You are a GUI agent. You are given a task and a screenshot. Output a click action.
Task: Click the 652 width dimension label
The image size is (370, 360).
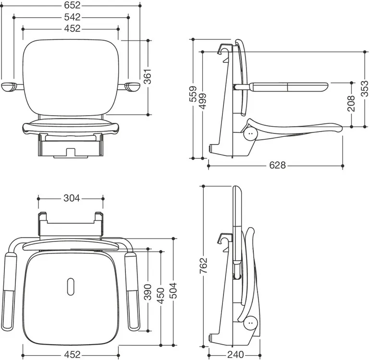click(73, 5)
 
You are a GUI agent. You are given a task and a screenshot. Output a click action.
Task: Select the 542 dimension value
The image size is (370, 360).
click(73, 17)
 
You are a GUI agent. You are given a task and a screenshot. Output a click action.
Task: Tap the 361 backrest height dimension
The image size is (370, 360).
click(148, 77)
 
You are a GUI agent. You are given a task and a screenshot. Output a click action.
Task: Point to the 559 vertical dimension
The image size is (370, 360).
click(193, 94)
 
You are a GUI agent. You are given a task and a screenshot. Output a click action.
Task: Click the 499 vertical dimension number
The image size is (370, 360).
click(202, 101)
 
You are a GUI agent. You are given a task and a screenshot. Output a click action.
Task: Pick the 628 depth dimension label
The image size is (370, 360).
click(277, 165)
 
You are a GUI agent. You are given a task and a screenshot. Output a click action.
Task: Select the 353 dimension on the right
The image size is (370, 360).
click(365, 88)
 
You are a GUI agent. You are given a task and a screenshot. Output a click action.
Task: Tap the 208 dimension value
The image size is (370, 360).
click(351, 103)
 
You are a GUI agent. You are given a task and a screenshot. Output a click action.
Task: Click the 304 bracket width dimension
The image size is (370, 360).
click(72, 198)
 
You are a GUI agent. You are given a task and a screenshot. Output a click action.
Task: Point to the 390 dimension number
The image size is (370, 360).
click(148, 292)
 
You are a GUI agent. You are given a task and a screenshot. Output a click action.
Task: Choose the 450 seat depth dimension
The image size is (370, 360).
click(160, 296)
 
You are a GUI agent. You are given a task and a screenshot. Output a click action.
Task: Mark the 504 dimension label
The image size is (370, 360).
click(173, 290)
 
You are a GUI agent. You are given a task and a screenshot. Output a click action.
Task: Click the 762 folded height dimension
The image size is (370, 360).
click(203, 265)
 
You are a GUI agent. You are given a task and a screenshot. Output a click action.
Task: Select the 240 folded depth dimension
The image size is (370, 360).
click(235, 354)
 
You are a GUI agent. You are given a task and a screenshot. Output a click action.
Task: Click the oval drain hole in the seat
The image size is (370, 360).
click(71, 287)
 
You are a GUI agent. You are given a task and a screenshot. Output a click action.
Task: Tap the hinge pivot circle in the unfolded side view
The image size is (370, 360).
click(251, 133)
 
